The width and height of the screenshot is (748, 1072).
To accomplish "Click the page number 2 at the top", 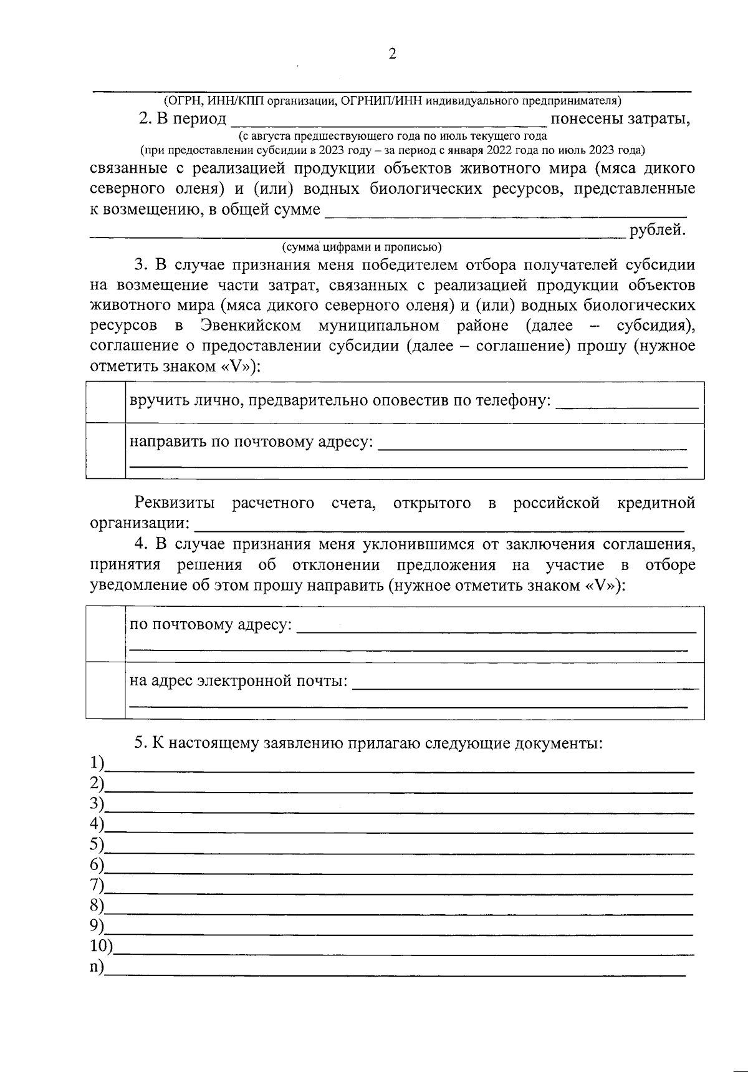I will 392,54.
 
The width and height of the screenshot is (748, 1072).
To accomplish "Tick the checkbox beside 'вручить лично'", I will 105,402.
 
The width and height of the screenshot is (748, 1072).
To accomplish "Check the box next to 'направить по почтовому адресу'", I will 105,450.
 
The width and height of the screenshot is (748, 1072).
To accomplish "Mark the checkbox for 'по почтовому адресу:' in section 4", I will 105,633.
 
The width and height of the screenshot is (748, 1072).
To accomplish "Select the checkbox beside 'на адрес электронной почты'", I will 105,690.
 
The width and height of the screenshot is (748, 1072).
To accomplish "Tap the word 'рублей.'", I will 658,230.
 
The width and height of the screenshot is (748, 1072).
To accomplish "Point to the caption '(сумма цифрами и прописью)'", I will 362,246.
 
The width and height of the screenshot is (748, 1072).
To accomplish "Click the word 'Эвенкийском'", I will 251,326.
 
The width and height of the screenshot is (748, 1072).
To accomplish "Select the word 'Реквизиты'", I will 175,503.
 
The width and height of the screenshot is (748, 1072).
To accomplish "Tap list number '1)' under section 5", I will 97,763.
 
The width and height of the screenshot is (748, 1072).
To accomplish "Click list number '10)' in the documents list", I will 101,946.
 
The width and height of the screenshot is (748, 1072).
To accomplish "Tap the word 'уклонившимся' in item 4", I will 411,544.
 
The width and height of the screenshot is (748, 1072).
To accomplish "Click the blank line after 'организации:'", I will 439,524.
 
